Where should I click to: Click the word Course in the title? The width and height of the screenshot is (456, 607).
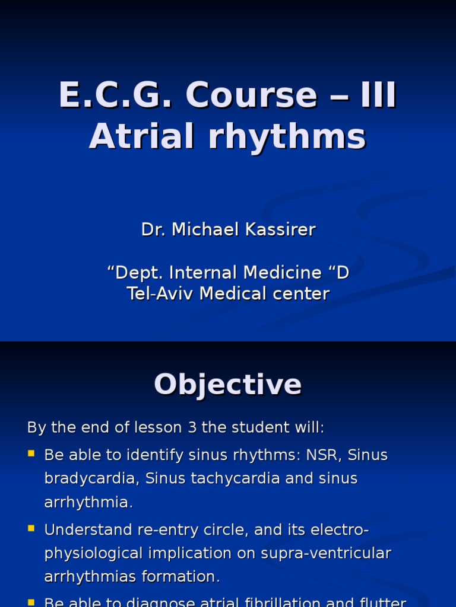pyautogui.click(x=252, y=96)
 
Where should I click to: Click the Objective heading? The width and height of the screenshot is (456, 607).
pyautogui.click(x=228, y=384)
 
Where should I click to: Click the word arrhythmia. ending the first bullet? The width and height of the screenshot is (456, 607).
pyautogui.click(x=88, y=502)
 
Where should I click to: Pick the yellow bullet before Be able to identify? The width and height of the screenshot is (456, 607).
pyautogui.click(x=31, y=454)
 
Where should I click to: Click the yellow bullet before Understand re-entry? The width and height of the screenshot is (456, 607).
pyautogui.click(x=31, y=528)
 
